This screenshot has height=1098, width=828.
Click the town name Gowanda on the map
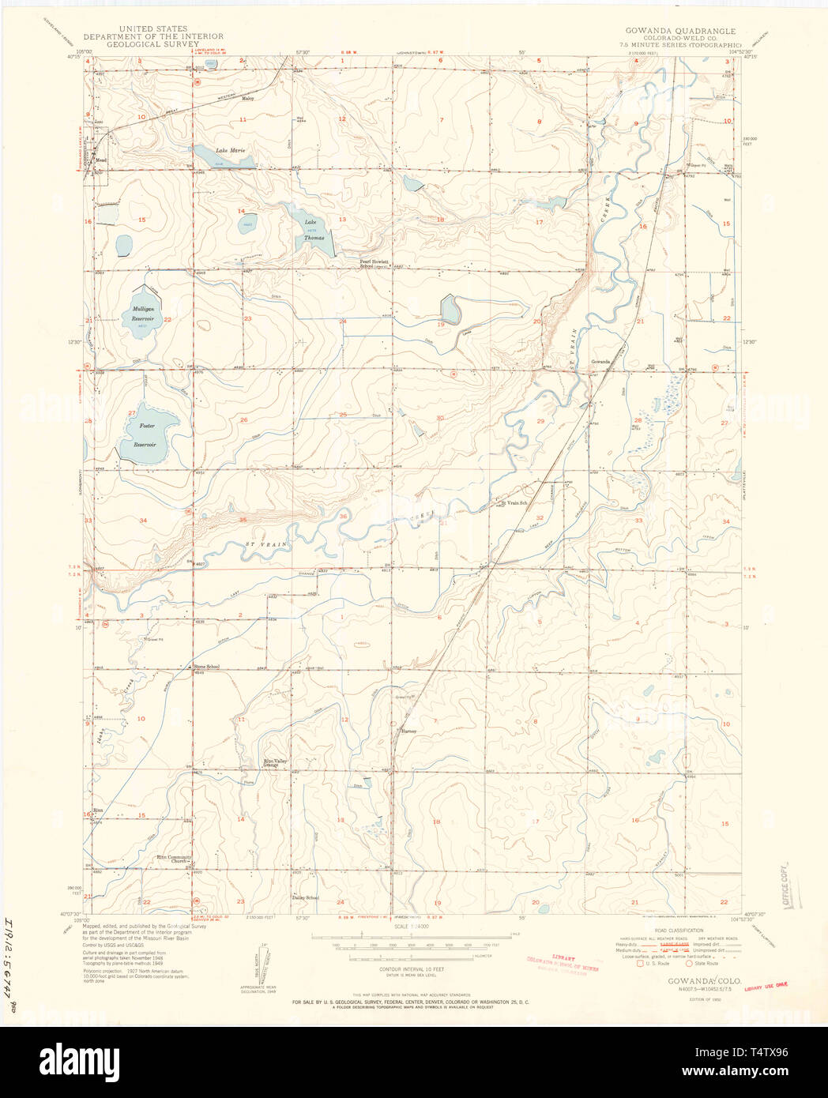click(600, 362)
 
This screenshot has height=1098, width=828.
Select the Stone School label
click(206, 667)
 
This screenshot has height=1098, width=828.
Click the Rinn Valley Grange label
click(275, 764)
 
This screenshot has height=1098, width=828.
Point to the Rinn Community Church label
click(174, 859)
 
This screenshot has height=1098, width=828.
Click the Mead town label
click(100, 158)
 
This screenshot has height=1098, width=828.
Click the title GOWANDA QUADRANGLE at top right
click(680, 32)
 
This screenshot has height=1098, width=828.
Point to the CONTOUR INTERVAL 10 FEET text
click(411, 969)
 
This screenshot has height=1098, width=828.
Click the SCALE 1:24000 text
click(411, 926)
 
